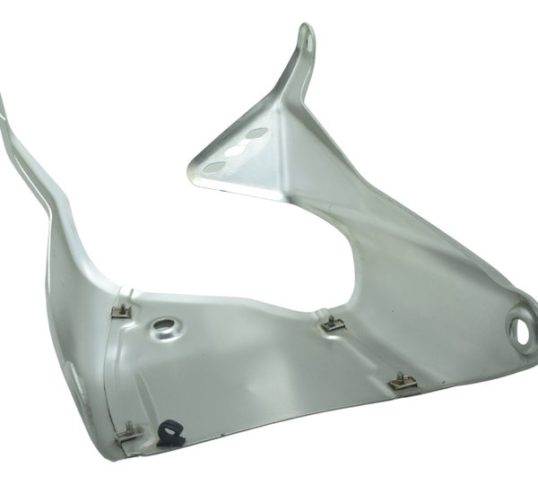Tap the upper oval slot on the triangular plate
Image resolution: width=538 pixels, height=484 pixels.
pyautogui.click(x=257, y=134)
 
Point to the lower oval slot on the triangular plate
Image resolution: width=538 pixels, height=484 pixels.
pyautogui.click(x=213, y=167)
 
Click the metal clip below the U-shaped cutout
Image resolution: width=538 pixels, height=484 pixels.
pyautogui.click(x=333, y=322)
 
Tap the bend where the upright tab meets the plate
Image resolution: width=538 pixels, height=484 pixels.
pyautogui.click(x=292, y=90)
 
